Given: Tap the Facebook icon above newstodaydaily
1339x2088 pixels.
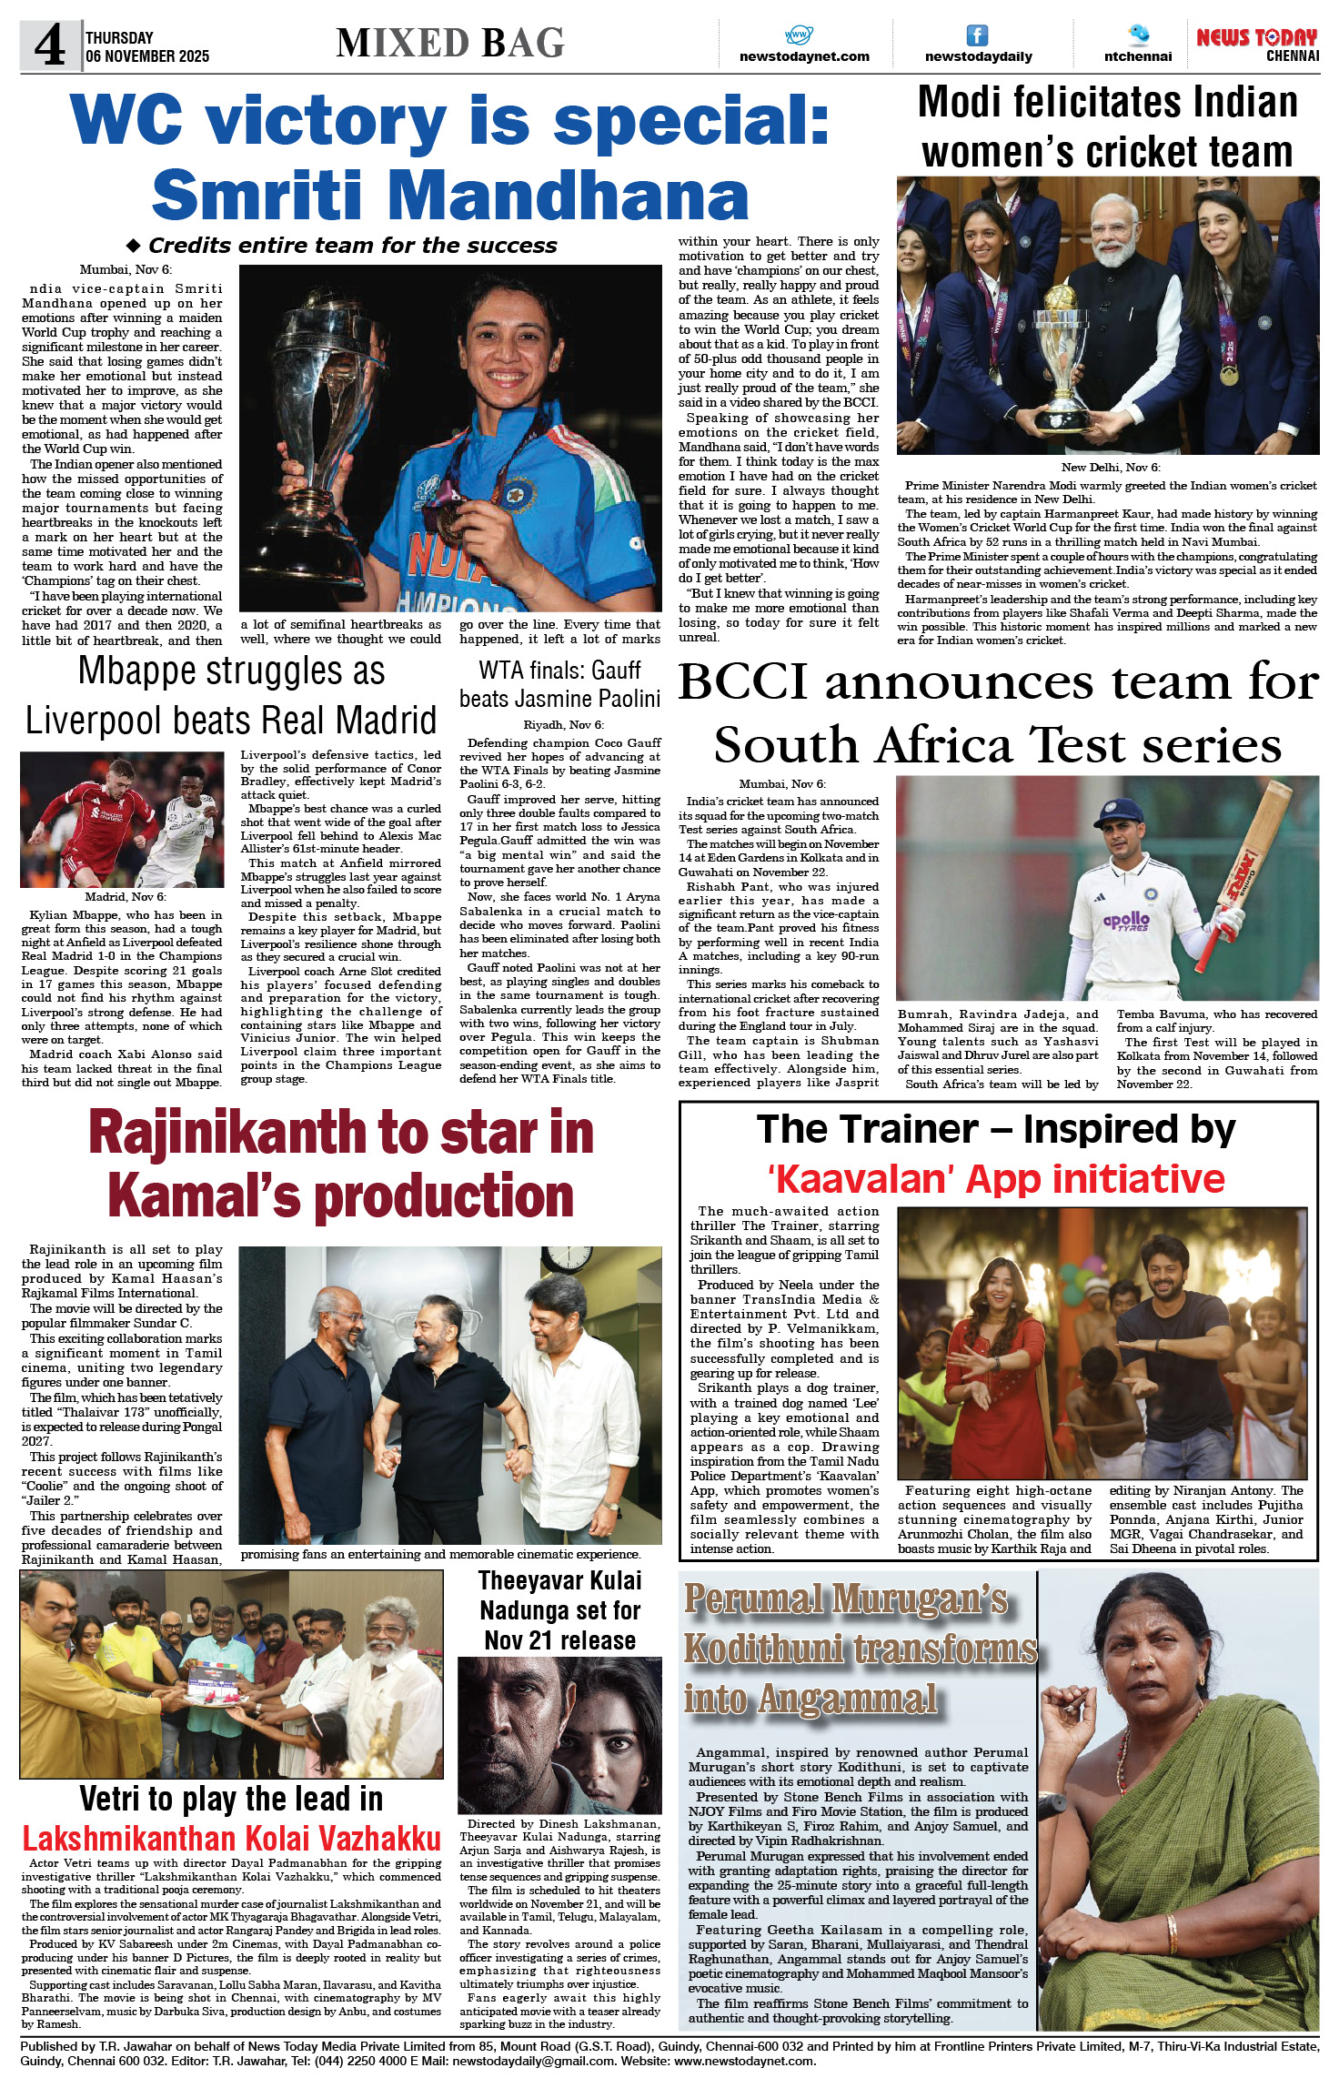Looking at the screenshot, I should [977, 35].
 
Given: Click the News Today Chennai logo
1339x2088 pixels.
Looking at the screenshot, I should [1257, 44].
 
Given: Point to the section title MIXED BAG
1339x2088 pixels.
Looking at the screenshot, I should [450, 44].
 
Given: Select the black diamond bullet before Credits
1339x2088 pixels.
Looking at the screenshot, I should [134, 246].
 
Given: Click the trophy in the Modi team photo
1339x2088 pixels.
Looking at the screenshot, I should [1062, 356].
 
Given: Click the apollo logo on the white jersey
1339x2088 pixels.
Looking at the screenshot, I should [1126, 921].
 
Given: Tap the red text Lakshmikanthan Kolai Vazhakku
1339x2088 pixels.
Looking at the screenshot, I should [231, 1839].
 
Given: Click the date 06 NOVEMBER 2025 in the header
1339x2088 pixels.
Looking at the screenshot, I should [147, 56].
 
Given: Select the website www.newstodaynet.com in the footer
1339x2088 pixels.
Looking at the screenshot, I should [744, 2061].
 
